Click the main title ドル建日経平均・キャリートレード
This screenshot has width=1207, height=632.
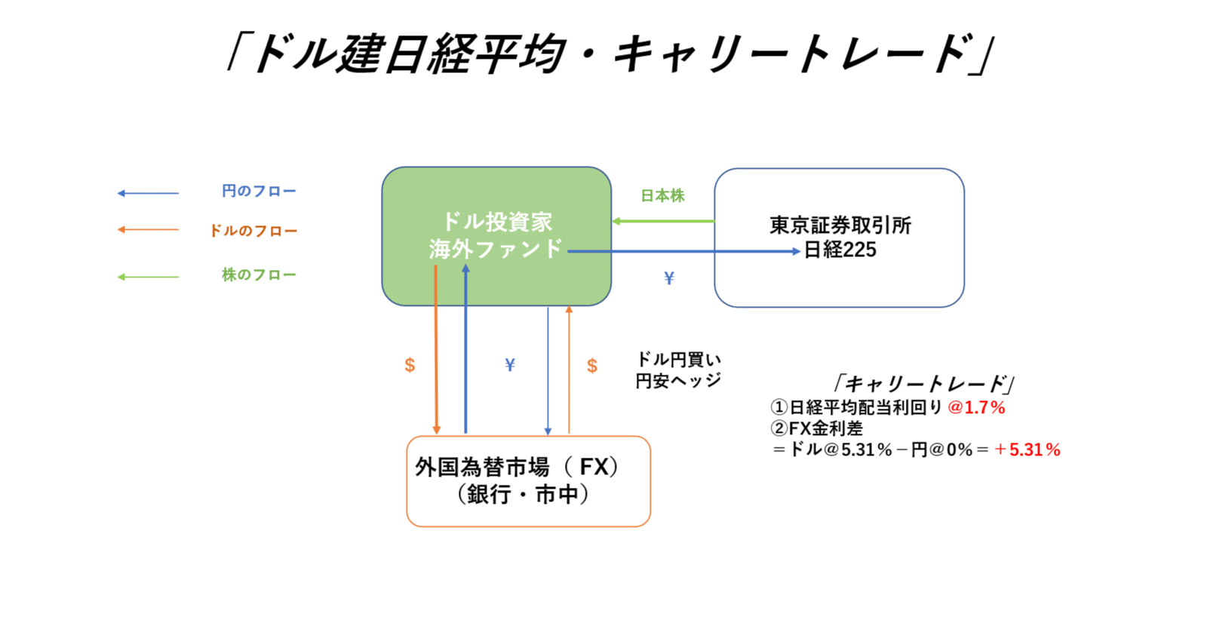click(x=611, y=54)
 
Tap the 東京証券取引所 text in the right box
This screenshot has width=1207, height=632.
click(x=840, y=225)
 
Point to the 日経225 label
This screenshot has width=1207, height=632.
click(x=840, y=250)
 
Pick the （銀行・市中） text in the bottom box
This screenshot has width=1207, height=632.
click(x=523, y=495)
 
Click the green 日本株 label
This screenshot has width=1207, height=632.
click(x=662, y=196)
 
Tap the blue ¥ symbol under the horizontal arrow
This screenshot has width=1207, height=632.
click(x=668, y=278)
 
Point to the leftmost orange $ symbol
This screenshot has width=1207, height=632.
click(x=410, y=365)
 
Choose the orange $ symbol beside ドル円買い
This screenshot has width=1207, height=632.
click(x=592, y=366)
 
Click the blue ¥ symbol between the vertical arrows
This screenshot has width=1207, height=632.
click(x=510, y=365)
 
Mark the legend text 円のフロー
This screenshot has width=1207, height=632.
click(x=259, y=192)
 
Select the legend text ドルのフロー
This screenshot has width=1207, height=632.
click(x=253, y=231)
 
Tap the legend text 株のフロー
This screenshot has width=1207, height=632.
click(x=259, y=275)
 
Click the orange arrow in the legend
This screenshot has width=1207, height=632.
click(x=148, y=230)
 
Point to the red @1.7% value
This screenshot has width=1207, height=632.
click(x=976, y=408)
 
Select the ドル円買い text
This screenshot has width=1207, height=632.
click(x=678, y=359)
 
